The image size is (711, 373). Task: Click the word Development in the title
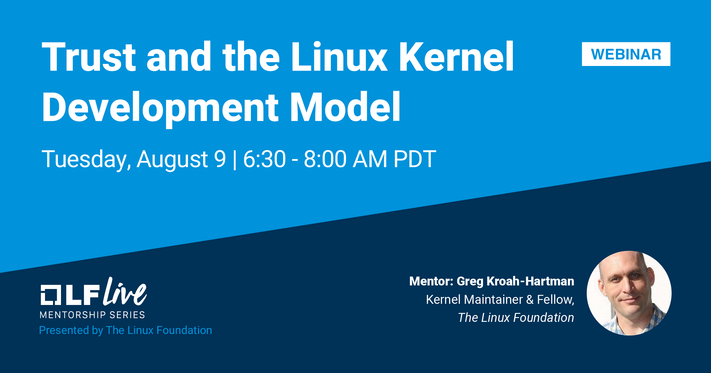[x=160, y=108]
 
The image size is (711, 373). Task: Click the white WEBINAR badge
[x=626, y=54]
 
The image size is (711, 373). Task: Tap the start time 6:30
[x=264, y=159]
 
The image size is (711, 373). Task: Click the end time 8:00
[x=325, y=159]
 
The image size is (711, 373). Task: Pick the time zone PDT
[x=415, y=159]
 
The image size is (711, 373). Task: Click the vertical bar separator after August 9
[x=235, y=160]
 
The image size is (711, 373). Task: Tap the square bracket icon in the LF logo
[x=51, y=295]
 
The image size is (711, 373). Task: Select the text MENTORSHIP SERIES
[x=92, y=315]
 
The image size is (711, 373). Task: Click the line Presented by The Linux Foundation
[x=126, y=330]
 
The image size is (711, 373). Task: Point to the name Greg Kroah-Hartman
[x=515, y=281]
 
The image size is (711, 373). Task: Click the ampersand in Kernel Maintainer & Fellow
[x=530, y=300]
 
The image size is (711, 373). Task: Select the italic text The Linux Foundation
[x=516, y=318]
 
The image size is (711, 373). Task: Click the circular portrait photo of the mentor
[x=629, y=293]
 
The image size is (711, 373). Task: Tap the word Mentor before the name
[x=431, y=281]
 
